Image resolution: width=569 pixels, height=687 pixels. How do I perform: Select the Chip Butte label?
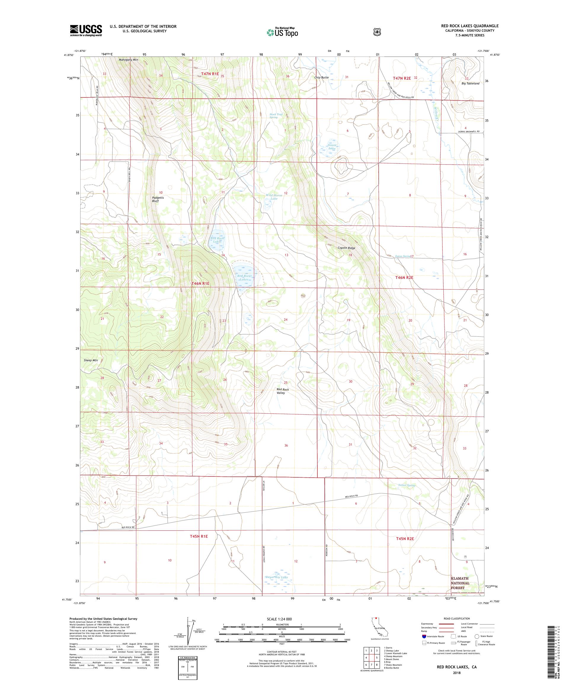[x=321, y=78]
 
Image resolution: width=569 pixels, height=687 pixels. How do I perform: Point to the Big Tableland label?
[x=470, y=84]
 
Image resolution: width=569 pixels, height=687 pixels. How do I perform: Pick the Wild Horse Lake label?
[x=274, y=197]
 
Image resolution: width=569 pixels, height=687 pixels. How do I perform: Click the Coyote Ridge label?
[x=346, y=248]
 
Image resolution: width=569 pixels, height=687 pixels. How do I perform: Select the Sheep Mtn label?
[x=91, y=360]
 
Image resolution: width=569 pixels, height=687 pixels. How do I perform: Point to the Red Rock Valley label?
[x=282, y=391]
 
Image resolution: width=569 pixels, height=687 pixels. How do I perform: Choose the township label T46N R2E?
[x=404, y=277]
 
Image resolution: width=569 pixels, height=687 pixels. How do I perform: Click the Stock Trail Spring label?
[x=276, y=116]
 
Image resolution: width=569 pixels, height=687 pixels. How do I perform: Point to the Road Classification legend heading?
[x=456, y=619]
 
